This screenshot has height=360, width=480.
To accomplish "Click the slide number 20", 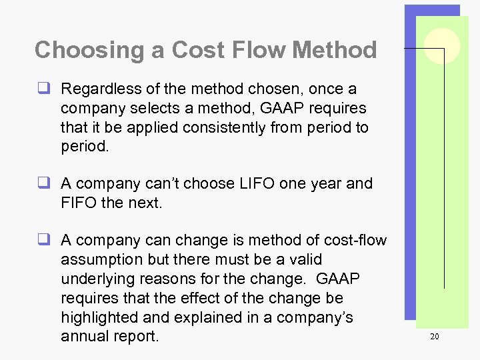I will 434,337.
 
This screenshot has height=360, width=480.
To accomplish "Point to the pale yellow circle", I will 442,45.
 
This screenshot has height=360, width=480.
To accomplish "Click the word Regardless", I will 100,89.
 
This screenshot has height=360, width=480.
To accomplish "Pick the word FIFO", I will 78,203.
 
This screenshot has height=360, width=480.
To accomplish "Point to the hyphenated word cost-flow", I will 356,240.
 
